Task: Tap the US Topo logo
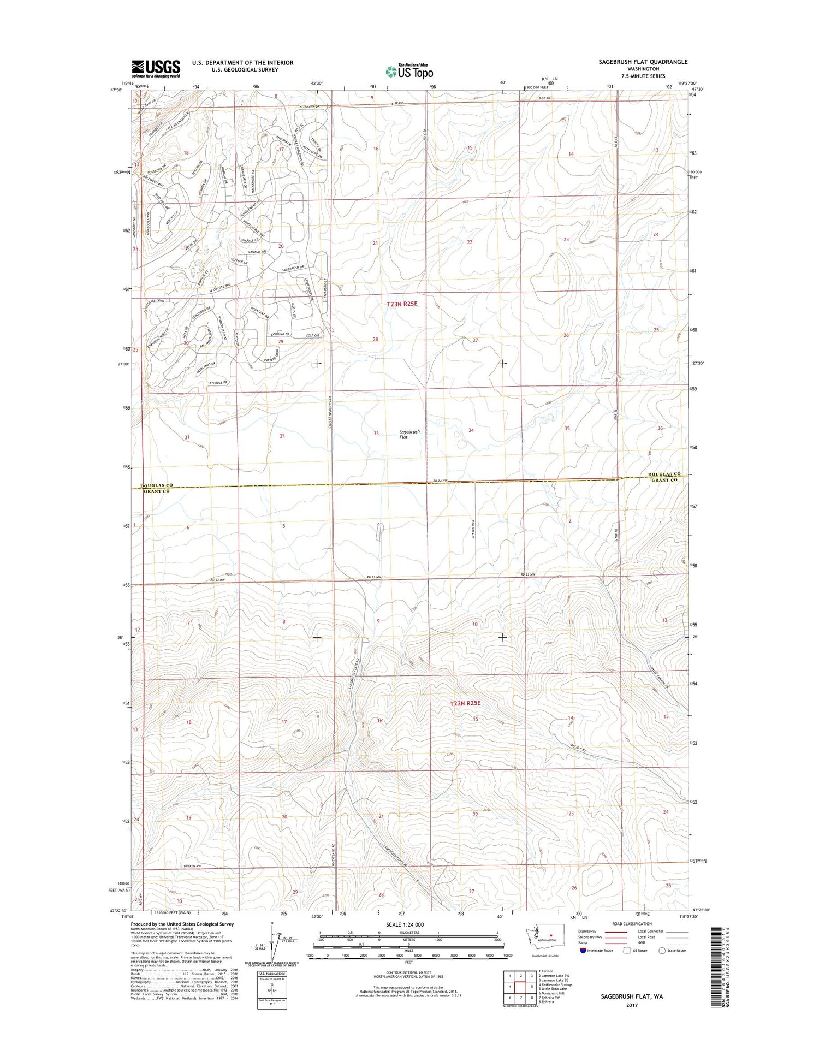click(410, 72)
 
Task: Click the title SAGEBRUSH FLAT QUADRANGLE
click(643, 62)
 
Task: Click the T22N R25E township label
click(465, 703)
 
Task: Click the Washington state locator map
click(541, 936)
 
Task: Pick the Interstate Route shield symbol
click(583, 951)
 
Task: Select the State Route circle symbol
click(662, 951)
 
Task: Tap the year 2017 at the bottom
click(632, 1005)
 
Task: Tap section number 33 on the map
click(376, 433)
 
